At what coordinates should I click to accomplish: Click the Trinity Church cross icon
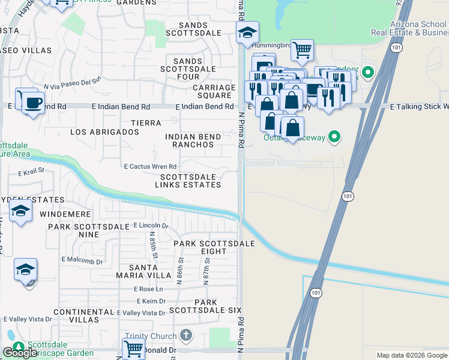point(186,336)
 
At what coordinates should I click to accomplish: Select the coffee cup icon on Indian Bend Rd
point(34,102)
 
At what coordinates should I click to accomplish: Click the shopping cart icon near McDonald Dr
point(133,348)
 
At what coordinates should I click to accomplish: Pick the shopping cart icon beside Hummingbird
point(303,50)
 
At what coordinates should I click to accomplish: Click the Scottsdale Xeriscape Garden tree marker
point(18,347)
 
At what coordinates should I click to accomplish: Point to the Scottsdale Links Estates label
point(190,181)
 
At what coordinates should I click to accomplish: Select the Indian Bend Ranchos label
point(193,141)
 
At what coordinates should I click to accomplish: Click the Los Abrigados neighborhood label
point(104,131)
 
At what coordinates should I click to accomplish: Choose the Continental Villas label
point(83,316)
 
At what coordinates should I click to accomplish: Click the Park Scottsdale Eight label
point(214,247)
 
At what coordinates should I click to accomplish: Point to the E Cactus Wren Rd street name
point(150,166)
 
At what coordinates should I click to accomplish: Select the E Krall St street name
point(32,172)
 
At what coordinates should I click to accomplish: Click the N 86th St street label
point(179,270)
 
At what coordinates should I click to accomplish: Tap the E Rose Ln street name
point(148,289)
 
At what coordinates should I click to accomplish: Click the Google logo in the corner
point(20,353)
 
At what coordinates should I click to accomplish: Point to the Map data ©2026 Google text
point(411,355)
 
